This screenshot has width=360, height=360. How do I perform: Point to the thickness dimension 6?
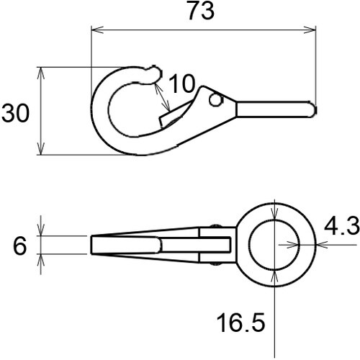[20, 246]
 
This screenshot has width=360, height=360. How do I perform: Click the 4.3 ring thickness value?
[341, 228]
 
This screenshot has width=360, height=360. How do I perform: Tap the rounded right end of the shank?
[312, 109]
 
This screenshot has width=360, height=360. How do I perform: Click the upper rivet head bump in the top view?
[215, 227]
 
